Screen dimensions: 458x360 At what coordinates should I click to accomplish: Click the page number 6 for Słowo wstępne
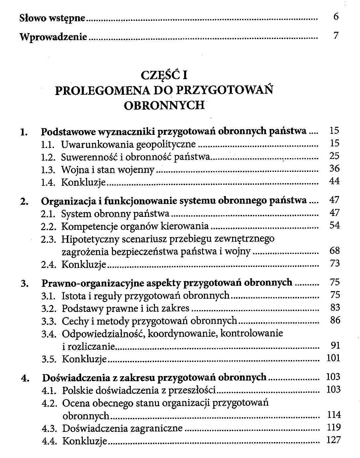click(x=336, y=17)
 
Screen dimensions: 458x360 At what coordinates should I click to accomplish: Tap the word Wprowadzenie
click(x=53, y=36)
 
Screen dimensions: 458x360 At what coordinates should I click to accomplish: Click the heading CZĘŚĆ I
click(x=164, y=76)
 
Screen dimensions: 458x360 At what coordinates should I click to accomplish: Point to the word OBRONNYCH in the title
click(x=164, y=105)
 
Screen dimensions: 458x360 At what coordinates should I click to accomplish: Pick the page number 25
click(x=334, y=156)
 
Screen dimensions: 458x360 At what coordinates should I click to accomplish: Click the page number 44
click(x=334, y=181)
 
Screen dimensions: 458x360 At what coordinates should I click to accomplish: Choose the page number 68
click(x=334, y=251)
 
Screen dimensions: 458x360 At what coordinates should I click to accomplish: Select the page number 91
click(x=335, y=346)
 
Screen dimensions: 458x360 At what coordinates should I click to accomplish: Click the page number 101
click(x=333, y=358)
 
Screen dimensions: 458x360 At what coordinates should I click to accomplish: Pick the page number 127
click(x=333, y=440)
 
